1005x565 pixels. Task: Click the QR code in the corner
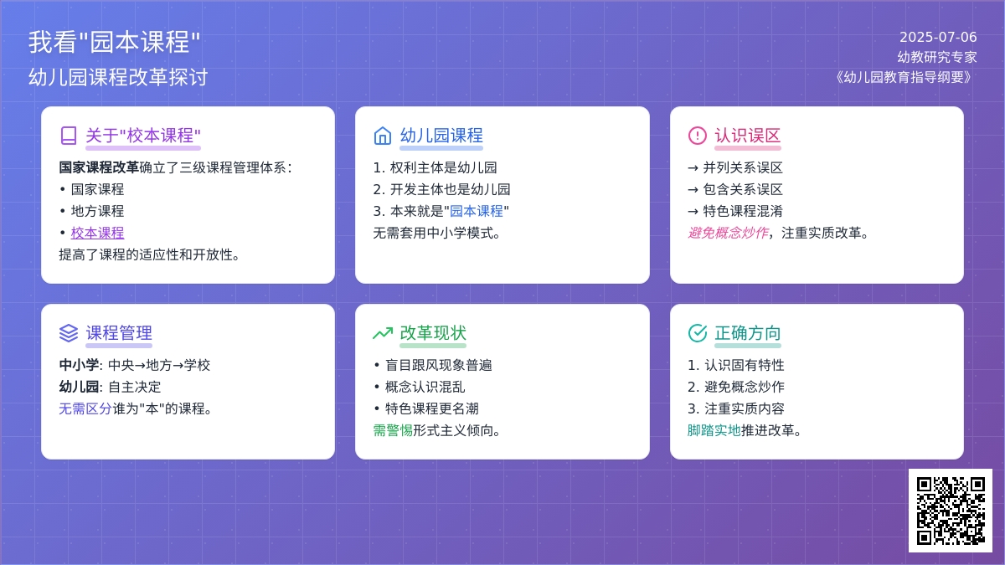click(x=951, y=511)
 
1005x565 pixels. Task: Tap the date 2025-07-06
click(x=938, y=37)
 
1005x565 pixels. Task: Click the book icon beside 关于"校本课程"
click(x=69, y=136)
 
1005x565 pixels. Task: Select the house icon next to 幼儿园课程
click(x=382, y=136)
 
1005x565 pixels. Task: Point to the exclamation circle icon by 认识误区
click(x=697, y=136)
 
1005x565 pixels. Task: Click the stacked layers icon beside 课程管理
click(x=69, y=333)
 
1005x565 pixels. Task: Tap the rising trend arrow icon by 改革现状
click(x=383, y=333)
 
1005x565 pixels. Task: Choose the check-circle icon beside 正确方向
click(x=697, y=333)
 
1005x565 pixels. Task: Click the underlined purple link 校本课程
click(x=97, y=233)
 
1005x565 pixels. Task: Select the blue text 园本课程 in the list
click(x=477, y=211)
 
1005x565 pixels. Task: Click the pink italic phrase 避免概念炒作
click(x=728, y=233)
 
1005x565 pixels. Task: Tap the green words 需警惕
click(x=393, y=430)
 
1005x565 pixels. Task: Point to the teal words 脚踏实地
click(x=714, y=430)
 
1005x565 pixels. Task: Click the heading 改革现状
click(x=433, y=333)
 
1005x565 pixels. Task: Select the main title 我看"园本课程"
click(x=115, y=42)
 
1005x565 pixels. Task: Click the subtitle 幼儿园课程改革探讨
click(x=118, y=77)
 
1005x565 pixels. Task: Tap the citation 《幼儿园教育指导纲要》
click(x=903, y=77)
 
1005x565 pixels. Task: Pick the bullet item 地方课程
click(x=97, y=211)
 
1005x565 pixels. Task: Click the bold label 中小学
click(x=79, y=365)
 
